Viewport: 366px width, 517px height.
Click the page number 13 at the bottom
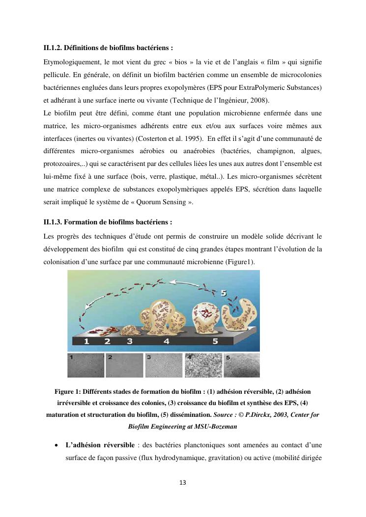pos(183,483)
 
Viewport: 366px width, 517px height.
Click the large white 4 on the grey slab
pos(167,340)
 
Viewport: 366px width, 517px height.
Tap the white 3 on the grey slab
pos(130,340)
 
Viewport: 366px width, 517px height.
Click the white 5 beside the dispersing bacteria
pos(223,293)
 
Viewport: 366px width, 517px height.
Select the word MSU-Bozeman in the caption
pos(217,427)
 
